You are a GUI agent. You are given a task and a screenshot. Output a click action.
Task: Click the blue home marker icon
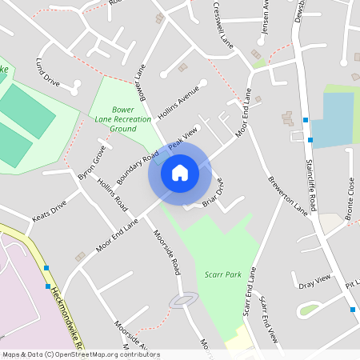[x=179, y=172]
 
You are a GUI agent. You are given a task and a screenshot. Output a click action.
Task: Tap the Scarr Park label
[x=223, y=274]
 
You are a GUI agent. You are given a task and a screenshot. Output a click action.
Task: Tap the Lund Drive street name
[x=47, y=71]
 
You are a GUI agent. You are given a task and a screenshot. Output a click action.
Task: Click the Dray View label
[x=314, y=282]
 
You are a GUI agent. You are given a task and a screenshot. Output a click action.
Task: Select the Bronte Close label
[x=350, y=199]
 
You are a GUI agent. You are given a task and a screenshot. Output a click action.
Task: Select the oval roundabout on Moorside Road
[x=183, y=300]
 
